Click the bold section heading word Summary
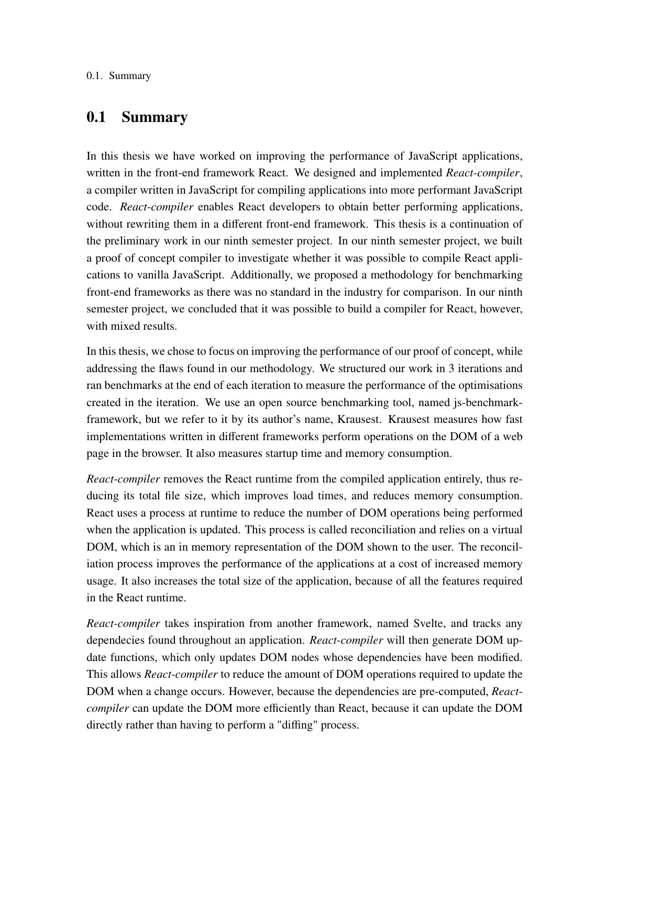(154, 117)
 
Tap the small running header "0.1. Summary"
(118, 76)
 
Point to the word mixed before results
(122, 326)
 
